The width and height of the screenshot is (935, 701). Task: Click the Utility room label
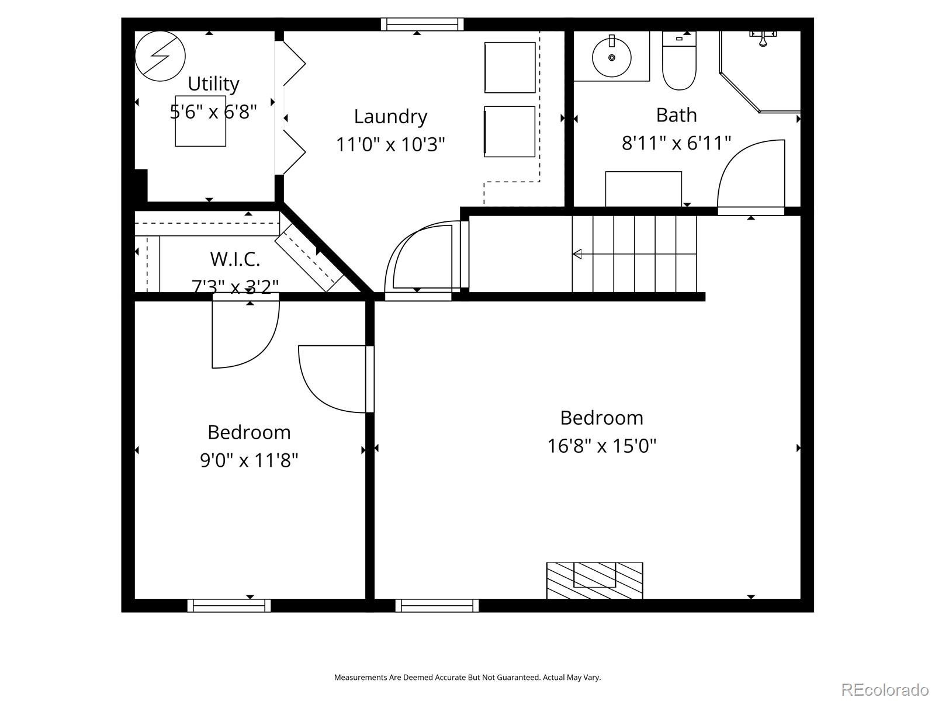tap(213, 84)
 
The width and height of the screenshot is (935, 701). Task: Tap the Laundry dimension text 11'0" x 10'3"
tap(390, 144)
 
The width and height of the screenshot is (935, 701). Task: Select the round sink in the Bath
tap(611, 57)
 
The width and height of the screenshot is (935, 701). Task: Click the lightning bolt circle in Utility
tap(160, 56)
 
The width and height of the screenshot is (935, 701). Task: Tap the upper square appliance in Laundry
tap(510, 67)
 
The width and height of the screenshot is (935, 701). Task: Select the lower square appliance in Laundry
tap(510, 131)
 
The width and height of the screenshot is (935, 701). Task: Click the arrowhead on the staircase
tap(577, 254)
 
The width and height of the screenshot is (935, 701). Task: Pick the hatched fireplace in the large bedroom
tap(594, 580)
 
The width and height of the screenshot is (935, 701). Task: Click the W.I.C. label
tap(235, 258)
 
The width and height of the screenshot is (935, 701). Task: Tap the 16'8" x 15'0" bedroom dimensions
tap(601, 446)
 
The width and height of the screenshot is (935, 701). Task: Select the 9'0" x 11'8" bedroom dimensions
tap(249, 460)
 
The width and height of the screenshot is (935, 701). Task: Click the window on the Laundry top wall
tap(422, 24)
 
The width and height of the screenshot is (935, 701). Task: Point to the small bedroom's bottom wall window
tap(229, 606)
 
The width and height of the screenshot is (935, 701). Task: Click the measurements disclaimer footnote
tap(467, 678)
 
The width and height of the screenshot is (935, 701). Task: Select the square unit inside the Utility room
tap(200, 121)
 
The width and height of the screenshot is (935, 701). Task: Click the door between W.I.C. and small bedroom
tap(245, 333)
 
